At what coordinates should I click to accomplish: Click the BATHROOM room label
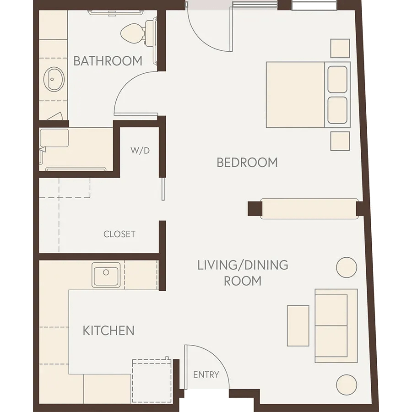pyautogui.click(x=108, y=61)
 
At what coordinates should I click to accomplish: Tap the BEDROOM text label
pyautogui.click(x=247, y=163)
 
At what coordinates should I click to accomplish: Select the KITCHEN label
pyautogui.click(x=108, y=330)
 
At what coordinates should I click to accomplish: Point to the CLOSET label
pyautogui.click(x=119, y=234)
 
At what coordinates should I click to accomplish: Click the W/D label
pyautogui.click(x=140, y=150)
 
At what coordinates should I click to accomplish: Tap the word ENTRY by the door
pyautogui.click(x=206, y=374)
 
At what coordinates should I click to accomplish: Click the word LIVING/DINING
pyautogui.click(x=243, y=265)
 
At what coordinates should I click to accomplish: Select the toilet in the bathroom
pyautogui.click(x=138, y=32)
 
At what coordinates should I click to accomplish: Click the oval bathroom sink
pyautogui.click(x=54, y=79)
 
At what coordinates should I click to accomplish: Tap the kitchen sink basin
pyautogui.click(x=106, y=275)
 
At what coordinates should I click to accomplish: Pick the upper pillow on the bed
pyautogui.click(x=337, y=79)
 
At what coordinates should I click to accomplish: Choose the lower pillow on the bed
pyautogui.click(x=337, y=110)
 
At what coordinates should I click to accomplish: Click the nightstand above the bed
pyautogui.click(x=340, y=49)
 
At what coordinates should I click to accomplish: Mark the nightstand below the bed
pyautogui.click(x=340, y=141)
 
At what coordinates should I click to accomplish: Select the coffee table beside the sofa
pyautogui.click(x=298, y=326)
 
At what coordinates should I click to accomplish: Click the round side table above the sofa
pyautogui.click(x=347, y=267)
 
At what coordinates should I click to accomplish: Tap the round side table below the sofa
pyautogui.click(x=347, y=385)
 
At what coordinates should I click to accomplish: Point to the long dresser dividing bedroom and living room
pyautogui.click(x=309, y=209)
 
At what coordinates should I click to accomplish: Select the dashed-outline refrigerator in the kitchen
pyautogui.click(x=152, y=380)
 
